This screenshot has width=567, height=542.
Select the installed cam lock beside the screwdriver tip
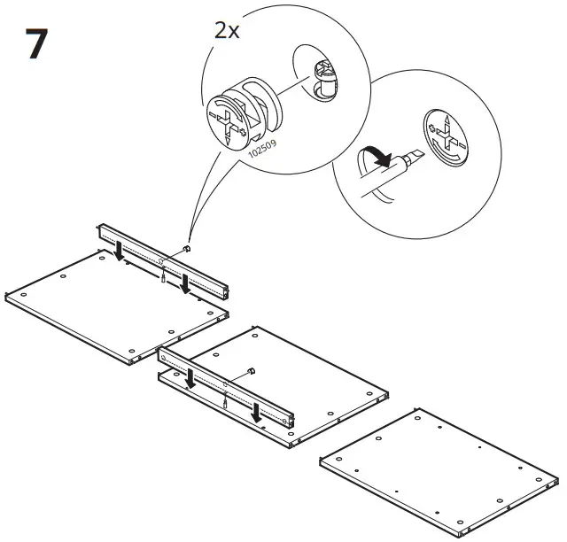447,137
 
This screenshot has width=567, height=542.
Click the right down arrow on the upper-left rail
184,284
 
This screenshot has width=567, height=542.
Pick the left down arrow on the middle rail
190,379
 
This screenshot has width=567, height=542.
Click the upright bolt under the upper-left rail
165,275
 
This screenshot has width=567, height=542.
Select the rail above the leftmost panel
164,260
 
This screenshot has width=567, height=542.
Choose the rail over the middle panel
226,385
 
